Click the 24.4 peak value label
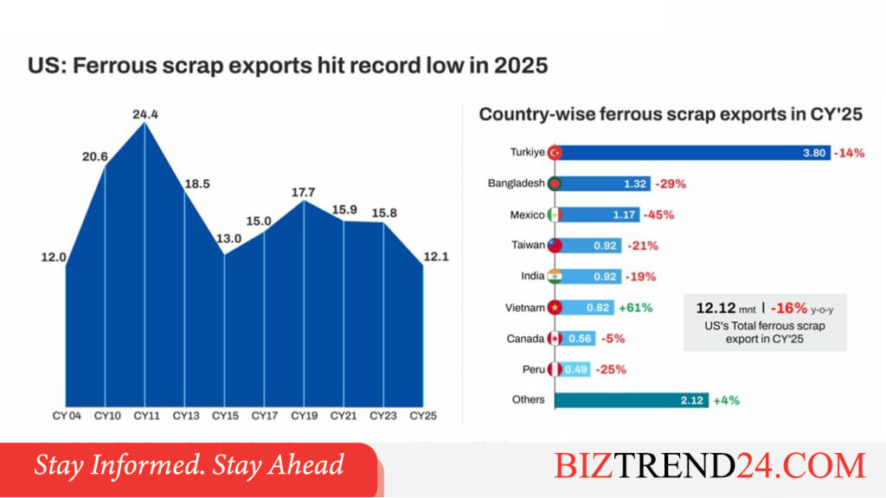click(145, 115)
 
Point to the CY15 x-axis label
click(225, 416)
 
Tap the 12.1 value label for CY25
click(436, 257)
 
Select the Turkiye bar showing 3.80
click(693, 152)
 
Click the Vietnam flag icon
click(555, 308)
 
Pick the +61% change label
click(636, 308)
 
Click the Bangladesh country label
click(516, 183)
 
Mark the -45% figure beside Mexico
click(658, 214)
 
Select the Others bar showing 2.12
click(631, 400)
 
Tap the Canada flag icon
click(555, 339)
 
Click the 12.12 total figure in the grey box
click(716, 309)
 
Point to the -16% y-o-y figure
click(789, 309)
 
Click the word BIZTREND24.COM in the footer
click(709, 466)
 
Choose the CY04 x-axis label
click(67, 416)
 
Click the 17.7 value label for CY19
click(304, 193)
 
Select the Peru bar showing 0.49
click(573, 369)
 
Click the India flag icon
click(555, 277)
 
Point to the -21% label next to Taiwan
click(643, 246)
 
